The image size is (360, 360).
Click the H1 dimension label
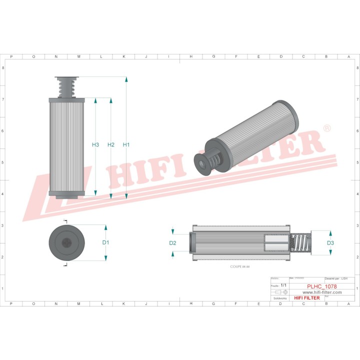pyautogui.click(x=126, y=145)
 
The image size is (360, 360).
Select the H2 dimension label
pyautogui.click(x=111, y=145)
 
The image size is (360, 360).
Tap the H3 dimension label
pyautogui.click(x=95, y=145)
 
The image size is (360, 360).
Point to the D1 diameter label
pyautogui.click(x=105, y=242)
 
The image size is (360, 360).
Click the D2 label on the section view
pyautogui.click(x=172, y=243)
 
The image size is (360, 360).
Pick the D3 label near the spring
pyautogui.click(x=330, y=243)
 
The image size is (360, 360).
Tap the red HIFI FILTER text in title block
pyautogui.click(x=306, y=298)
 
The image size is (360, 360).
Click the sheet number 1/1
pyautogui.click(x=284, y=285)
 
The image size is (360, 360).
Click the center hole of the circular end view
pyautogui.click(x=66, y=242)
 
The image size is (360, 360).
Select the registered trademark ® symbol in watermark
pyautogui.click(x=326, y=128)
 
